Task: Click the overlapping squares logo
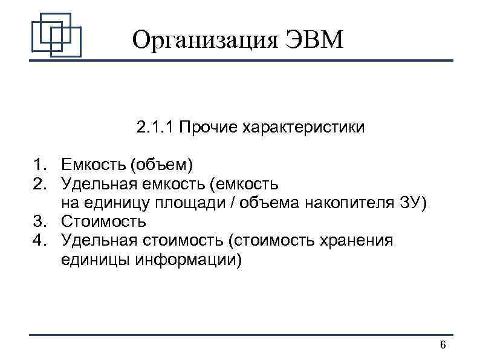(56, 34)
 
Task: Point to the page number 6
(443, 345)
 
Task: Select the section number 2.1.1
(155, 128)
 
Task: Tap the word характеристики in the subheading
(303, 128)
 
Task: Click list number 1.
(40, 164)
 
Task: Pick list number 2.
(40, 183)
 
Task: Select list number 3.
(40, 221)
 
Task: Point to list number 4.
(40, 240)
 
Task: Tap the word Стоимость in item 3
(103, 221)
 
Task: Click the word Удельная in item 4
(100, 240)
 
